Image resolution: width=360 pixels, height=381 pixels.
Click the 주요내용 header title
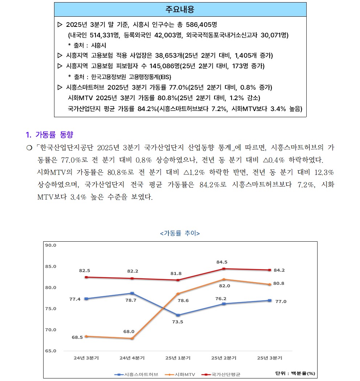pyautogui.click(x=180, y=9)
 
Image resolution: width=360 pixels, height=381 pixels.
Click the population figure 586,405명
pyautogui.click(x=201, y=25)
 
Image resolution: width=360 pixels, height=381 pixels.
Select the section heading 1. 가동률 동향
pyautogui.click(x=50, y=135)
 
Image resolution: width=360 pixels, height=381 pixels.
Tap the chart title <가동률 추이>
pyautogui.click(x=180, y=233)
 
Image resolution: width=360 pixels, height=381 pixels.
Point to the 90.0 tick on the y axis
pyautogui.click(x=50, y=245)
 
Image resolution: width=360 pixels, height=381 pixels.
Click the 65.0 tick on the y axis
pyautogui.click(x=50, y=351)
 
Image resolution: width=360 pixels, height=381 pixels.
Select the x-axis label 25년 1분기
pyautogui.click(x=178, y=358)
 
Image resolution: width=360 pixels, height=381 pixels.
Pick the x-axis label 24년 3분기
pyautogui.click(x=86, y=358)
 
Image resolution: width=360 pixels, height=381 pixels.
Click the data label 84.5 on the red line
pyautogui.click(x=222, y=262)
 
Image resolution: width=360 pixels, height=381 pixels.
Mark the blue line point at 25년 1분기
pyautogui.click(x=178, y=315)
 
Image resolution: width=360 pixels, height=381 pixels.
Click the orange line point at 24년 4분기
pyautogui.click(x=132, y=339)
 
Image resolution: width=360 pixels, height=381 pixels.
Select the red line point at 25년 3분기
pyautogui.click(x=270, y=270)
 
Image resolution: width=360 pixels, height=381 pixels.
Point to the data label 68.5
pyautogui.click(x=77, y=337)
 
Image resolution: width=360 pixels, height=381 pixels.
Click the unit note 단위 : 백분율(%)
pyautogui.click(x=295, y=373)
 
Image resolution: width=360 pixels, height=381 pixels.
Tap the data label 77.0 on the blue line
pyautogui.click(x=281, y=302)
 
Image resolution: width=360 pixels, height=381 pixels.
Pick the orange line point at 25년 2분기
pyautogui.click(x=224, y=279)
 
